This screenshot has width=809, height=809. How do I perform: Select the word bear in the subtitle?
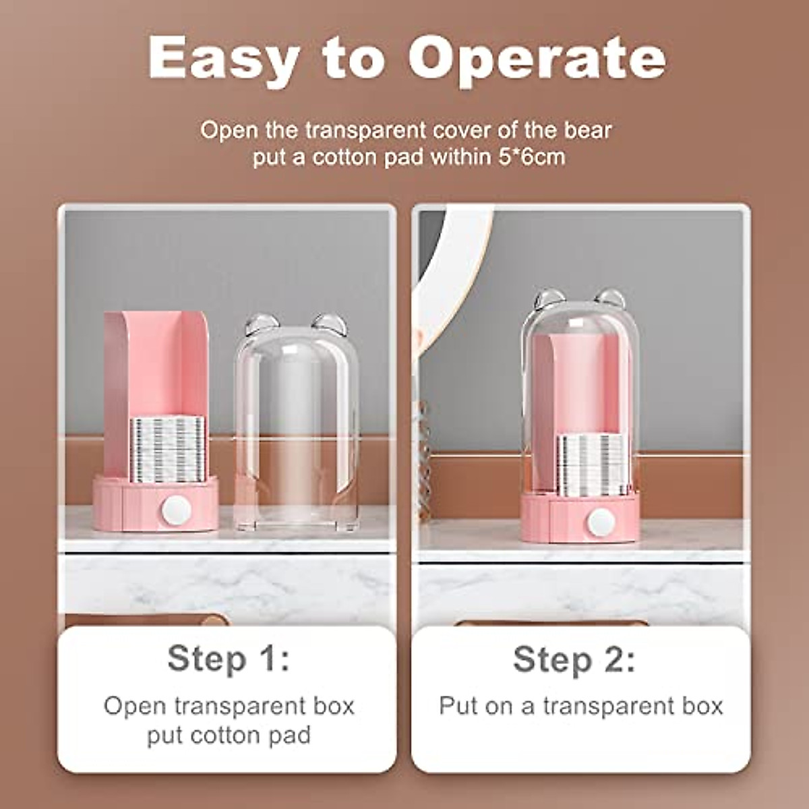point(588,129)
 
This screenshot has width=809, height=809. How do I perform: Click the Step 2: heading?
point(574,659)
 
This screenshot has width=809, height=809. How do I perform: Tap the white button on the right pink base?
point(600,521)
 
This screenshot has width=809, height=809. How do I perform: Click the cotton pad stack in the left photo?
point(167,448)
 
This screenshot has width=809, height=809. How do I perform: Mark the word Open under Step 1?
point(134,706)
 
